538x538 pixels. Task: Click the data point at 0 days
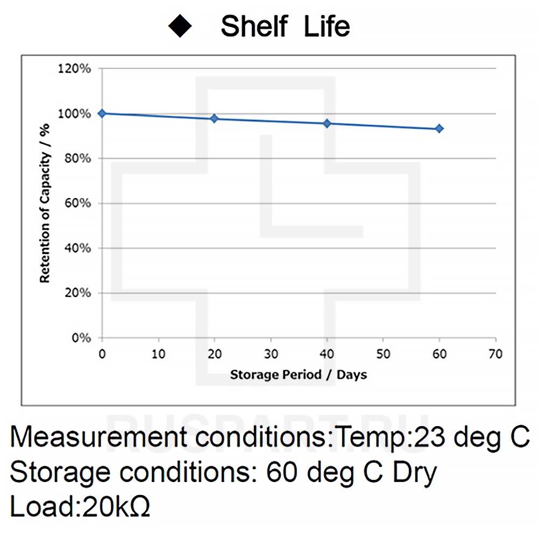102,114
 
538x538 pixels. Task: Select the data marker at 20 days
215,118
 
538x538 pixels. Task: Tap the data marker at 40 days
327,124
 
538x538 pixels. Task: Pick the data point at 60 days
440,129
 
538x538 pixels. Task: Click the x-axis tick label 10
158,354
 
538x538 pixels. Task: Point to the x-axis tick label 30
271,354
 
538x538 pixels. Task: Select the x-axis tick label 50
383,354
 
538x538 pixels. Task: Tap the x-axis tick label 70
495,354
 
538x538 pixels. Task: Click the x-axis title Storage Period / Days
299,374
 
